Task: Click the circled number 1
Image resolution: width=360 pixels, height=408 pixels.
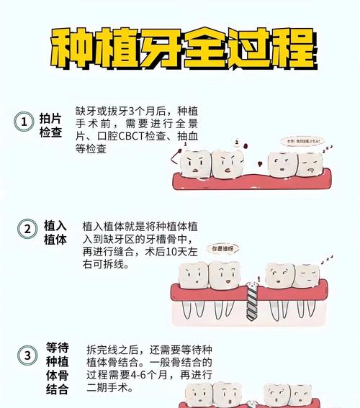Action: pyautogui.click(x=24, y=122)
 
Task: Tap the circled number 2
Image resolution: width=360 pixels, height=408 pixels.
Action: pyautogui.click(x=27, y=229)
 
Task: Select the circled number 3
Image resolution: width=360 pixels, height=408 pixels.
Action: pyautogui.click(x=27, y=355)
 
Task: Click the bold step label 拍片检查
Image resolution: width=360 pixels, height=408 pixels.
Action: pyautogui.click(x=50, y=125)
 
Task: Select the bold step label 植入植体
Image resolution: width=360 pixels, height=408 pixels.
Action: pyautogui.click(x=55, y=232)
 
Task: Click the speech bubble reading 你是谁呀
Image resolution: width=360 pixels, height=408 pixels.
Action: pyautogui.click(x=222, y=248)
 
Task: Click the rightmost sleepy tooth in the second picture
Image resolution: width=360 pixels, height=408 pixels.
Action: pyautogui.click(x=306, y=276)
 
